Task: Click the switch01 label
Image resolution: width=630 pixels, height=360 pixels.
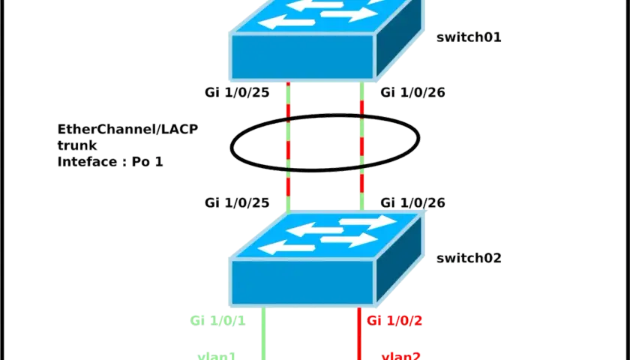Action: [469, 37]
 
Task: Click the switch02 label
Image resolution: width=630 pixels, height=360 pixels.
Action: [469, 258]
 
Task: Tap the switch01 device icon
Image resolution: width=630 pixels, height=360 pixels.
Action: [326, 40]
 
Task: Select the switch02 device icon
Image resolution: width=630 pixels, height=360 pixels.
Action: [326, 259]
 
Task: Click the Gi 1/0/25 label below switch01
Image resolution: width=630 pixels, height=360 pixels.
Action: [237, 93]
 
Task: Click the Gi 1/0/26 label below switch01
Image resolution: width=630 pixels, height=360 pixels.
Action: [412, 93]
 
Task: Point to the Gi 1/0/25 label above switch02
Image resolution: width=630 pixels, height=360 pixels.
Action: [237, 203]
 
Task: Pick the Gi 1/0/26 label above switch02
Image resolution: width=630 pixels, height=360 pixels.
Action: [412, 203]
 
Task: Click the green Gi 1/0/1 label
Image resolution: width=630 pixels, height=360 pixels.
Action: [217, 321]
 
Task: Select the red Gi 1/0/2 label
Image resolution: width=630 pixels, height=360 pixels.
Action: [394, 321]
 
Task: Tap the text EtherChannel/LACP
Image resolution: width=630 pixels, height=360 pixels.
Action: [127, 129]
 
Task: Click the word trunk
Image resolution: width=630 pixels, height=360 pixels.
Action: [77, 145]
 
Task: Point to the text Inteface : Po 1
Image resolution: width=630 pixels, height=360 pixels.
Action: [110, 162]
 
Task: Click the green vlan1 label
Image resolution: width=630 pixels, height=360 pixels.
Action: [217, 355]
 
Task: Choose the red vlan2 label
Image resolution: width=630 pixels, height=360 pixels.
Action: [401, 355]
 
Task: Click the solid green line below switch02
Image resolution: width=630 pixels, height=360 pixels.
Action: [263, 334]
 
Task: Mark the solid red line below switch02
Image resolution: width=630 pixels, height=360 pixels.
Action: [359, 334]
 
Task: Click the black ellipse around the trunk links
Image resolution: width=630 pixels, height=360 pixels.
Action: [231, 145]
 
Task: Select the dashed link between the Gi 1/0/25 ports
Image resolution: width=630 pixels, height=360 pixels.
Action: [288, 147]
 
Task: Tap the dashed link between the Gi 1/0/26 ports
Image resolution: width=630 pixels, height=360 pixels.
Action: [362, 147]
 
